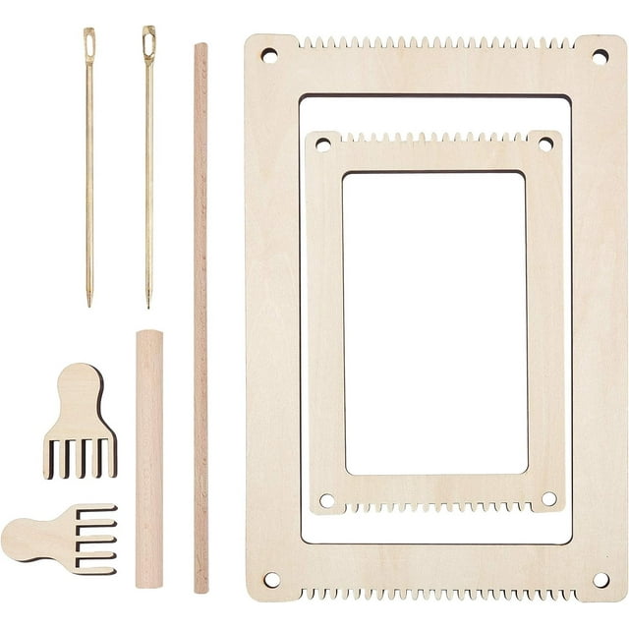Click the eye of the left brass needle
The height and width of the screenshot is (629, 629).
(89, 42)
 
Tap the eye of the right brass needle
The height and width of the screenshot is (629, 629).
(148, 42)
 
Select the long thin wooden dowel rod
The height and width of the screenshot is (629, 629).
(200, 314)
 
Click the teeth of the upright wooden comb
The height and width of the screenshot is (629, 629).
(81, 457)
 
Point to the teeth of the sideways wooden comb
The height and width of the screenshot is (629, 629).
(96, 539)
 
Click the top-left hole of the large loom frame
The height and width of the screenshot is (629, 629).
(268, 55)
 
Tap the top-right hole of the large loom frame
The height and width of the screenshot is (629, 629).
(600, 57)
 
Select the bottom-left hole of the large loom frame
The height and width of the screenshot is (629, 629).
(271, 580)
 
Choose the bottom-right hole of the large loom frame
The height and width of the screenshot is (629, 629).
(600, 580)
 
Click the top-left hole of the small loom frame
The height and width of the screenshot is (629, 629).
(322, 143)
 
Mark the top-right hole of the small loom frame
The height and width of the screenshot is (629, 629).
(545, 143)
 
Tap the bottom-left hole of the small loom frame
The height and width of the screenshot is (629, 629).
(326, 500)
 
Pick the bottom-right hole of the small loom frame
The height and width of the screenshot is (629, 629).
(548, 499)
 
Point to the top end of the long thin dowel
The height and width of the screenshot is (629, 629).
(200, 47)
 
